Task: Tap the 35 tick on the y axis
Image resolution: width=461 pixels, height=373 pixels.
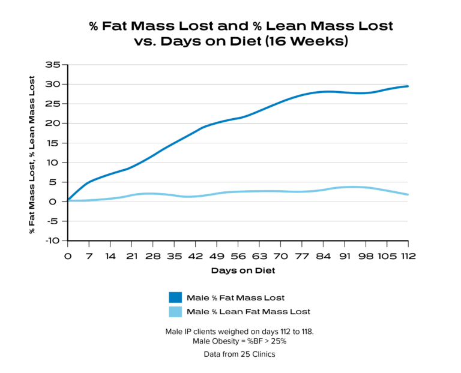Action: pos(55,64)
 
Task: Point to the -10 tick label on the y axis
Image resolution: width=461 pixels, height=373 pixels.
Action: pos(54,240)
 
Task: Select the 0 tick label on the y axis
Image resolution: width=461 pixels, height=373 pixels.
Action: pos(59,201)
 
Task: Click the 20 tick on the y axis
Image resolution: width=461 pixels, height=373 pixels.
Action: pos(55,123)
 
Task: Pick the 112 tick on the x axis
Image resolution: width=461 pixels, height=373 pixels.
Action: pos(408,256)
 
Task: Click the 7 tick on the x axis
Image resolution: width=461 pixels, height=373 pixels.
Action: pos(89,256)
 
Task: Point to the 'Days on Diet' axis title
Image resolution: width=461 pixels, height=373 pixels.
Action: pos(238,271)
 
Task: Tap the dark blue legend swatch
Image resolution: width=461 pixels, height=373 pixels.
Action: pos(175,297)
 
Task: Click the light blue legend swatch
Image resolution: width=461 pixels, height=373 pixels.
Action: pos(175,312)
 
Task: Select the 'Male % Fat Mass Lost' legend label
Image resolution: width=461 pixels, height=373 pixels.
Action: pos(235,297)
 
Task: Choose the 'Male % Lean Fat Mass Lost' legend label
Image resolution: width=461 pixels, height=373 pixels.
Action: pos(249,312)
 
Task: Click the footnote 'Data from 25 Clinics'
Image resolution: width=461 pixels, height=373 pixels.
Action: pos(238,354)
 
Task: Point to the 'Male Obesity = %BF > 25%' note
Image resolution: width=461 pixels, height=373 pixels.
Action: pos(238,341)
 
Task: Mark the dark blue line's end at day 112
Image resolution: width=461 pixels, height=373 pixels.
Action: pos(408,86)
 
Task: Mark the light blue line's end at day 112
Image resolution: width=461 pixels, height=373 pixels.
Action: pos(408,195)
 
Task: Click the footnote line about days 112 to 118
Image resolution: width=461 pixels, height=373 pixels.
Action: pos(238,332)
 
